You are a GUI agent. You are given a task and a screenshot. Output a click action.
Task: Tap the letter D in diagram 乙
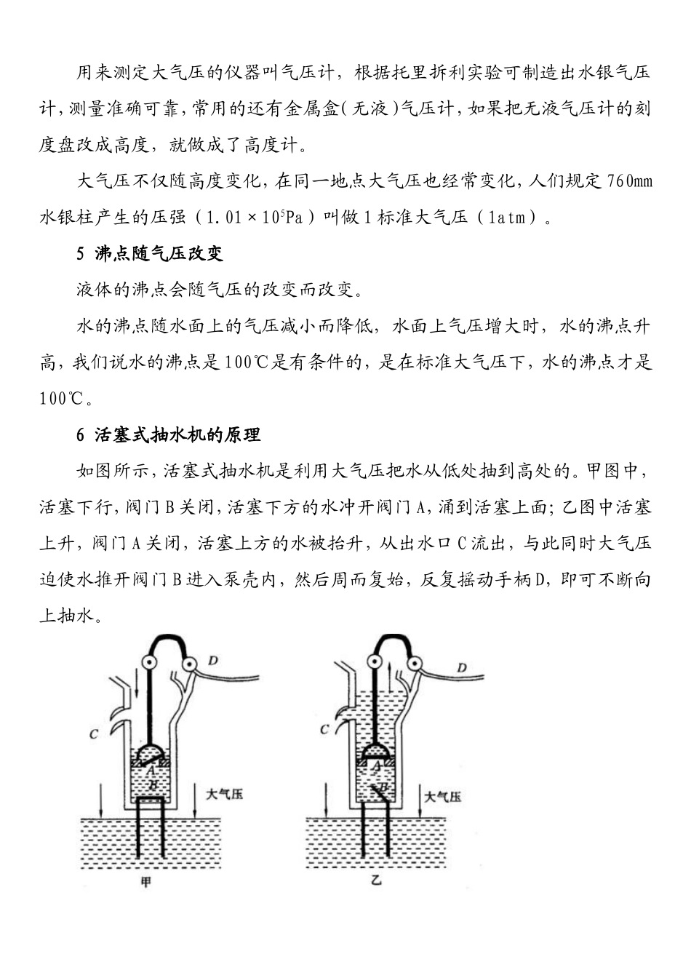(x=462, y=667)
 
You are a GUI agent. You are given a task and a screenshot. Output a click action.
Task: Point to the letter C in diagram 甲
(x=93, y=735)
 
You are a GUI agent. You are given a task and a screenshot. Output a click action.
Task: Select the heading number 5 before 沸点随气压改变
(x=81, y=254)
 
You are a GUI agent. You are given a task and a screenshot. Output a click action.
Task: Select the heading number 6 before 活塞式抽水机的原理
(x=81, y=435)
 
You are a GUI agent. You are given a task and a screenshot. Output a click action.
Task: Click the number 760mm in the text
(x=628, y=181)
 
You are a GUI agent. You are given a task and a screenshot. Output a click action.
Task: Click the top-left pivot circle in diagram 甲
(x=152, y=663)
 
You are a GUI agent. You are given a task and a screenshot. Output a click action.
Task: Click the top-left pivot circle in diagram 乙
(x=375, y=663)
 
